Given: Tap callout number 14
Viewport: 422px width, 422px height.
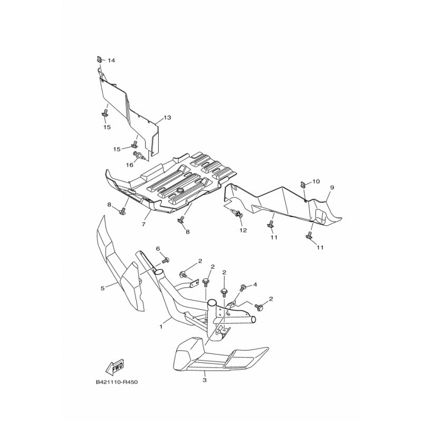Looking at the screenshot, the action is [x=111, y=61].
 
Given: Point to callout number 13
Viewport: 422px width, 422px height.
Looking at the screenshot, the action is [x=167, y=118].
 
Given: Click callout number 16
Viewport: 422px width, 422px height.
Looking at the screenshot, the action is [x=130, y=165].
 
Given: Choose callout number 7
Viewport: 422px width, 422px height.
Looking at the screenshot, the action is [x=143, y=224].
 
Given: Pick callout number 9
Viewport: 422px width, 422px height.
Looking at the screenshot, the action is [x=332, y=187].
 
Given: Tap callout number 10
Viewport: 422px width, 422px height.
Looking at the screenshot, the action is [x=316, y=181].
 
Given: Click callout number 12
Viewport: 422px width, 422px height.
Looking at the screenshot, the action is [x=243, y=231].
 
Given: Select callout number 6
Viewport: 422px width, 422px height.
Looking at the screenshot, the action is [x=158, y=248].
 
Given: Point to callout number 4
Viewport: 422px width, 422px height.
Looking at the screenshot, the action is [x=255, y=284].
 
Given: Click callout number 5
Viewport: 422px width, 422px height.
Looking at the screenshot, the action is [x=102, y=288].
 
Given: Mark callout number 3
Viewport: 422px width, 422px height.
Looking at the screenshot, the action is [x=205, y=380].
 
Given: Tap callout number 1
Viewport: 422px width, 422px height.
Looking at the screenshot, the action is [x=161, y=327].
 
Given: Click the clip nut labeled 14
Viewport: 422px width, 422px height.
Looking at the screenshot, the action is [x=99, y=59].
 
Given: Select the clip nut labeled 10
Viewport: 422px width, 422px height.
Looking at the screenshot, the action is [x=302, y=185].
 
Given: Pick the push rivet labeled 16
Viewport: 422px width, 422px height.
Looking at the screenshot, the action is [x=139, y=156].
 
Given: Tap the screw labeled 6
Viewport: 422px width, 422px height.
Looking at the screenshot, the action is [x=166, y=260].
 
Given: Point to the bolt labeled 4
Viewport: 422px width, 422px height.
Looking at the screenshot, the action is [x=243, y=287].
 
